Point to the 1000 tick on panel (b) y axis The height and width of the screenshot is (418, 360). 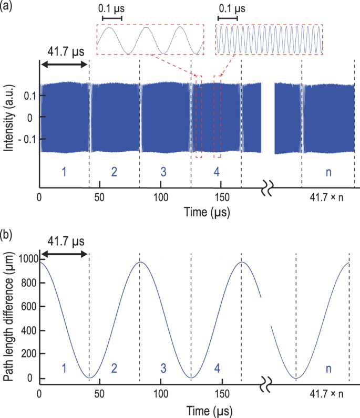(x=27, y=258)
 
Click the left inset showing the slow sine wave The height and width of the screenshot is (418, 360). (x=150, y=40)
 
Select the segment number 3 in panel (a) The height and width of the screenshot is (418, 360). (x=166, y=172)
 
